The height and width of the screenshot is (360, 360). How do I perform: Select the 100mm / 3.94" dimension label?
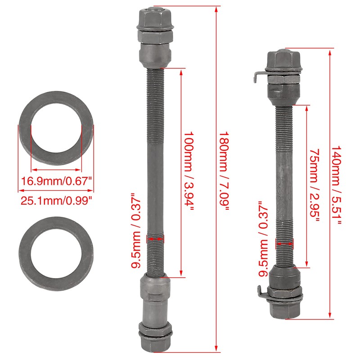pos(189,173)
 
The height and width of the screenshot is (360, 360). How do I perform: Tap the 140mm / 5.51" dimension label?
pos(337,184)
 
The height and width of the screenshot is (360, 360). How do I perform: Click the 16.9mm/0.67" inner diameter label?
pos(57,181)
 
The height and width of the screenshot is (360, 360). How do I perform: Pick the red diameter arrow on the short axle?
pos(284,243)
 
